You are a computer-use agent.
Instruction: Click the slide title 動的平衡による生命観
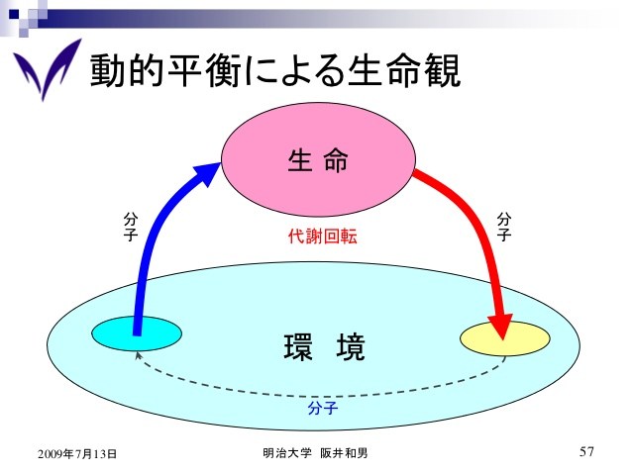pos(274,71)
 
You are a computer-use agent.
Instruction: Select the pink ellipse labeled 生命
pos(318,159)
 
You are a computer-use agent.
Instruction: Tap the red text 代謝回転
pos(323,236)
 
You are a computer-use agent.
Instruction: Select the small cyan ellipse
pos(137,333)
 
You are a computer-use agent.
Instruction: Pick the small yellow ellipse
pos(505,338)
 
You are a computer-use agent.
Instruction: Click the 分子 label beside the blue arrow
pos(131,227)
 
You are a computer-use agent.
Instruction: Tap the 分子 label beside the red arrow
pos(504,227)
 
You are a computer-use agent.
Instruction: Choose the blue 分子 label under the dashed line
pos(323,408)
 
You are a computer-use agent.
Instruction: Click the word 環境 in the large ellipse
pos(325,347)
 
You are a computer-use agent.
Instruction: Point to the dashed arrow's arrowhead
pos(138,355)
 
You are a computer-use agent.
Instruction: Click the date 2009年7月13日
pos(77,454)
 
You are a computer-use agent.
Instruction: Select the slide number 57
pos(586,451)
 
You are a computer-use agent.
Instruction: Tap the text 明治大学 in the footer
pos(287,453)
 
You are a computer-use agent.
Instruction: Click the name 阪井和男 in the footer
pos(344,453)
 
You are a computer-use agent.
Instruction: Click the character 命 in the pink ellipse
pos(336,160)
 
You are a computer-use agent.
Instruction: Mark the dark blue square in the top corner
pos(14,14)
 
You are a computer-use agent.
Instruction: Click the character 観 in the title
pos(443,71)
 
